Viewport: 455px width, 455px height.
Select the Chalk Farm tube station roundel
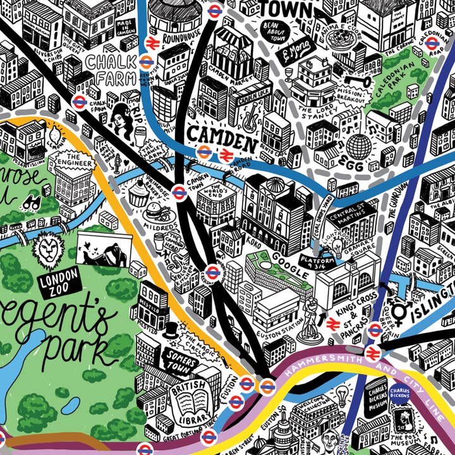(80, 101)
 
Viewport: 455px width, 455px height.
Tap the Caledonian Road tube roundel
(432, 42)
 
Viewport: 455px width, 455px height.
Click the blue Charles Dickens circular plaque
(399, 393)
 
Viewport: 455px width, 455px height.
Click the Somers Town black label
(179, 356)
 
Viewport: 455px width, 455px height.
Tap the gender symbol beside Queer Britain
(400, 311)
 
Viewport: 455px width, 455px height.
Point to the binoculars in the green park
(30, 203)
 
